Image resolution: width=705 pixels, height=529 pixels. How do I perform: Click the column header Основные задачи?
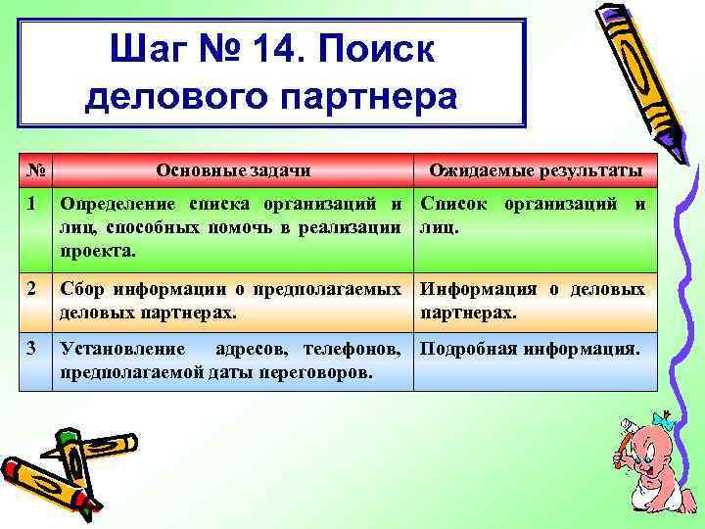click(233, 170)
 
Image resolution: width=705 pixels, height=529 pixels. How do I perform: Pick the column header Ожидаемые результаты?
click(536, 170)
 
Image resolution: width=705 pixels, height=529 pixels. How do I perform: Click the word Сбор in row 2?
click(81, 290)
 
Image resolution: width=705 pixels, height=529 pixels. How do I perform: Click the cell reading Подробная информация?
click(530, 349)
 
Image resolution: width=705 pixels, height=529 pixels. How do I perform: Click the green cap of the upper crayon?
click(66, 438)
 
